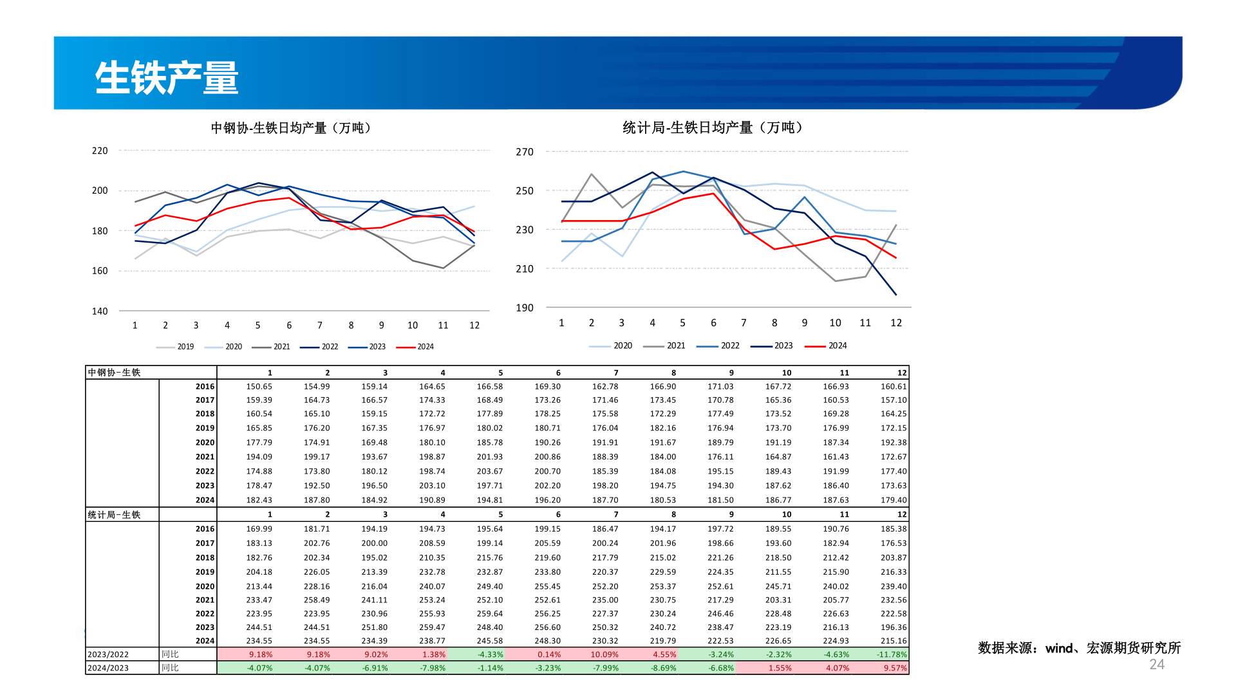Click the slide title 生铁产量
click(x=167, y=78)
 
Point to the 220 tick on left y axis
click(x=100, y=151)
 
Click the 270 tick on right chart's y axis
click(x=525, y=152)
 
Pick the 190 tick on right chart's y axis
click(x=525, y=308)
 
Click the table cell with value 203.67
click(x=489, y=471)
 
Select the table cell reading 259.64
click(x=489, y=614)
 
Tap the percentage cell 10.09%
click(x=604, y=654)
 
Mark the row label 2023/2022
click(x=108, y=654)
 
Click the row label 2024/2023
click(x=108, y=668)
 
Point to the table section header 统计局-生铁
click(x=114, y=515)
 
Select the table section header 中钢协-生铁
click(x=114, y=373)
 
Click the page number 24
click(x=1157, y=665)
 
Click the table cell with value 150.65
click(x=259, y=387)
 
